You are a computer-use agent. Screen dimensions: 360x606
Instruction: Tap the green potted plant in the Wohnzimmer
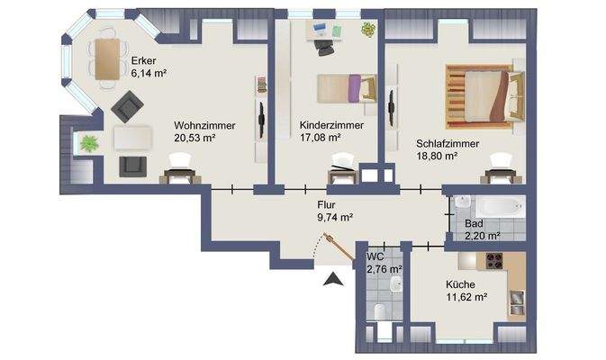pyautogui.click(x=89, y=142)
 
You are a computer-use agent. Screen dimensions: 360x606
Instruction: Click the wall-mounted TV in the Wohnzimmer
pyautogui.click(x=261, y=118)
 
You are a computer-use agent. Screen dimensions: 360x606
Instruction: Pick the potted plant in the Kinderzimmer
pyautogui.click(x=367, y=29)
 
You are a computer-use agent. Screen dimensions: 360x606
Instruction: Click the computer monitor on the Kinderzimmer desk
pyautogui.click(x=321, y=28)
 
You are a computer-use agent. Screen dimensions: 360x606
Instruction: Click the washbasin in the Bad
pyautogui.click(x=460, y=203)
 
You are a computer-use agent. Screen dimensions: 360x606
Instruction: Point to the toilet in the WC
pyautogui.click(x=379, y=311)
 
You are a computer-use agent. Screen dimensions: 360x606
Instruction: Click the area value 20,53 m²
pyautogui.click(x=195, y=139)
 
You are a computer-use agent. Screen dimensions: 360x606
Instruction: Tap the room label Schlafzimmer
pyautogui.click(x=447, y=143)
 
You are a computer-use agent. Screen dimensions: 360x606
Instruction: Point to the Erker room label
pyautogui.click(x=144, y=61)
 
